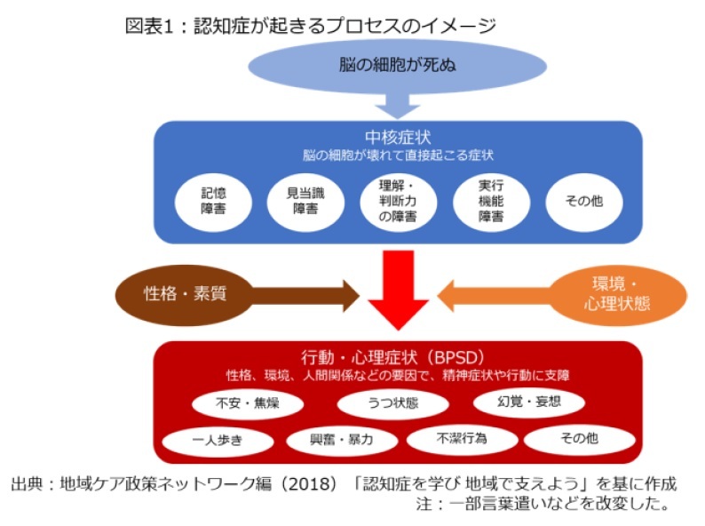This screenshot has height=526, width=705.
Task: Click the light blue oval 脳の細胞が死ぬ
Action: (x=398, y=66)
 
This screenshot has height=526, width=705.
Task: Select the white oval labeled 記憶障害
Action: (x=213, y=202)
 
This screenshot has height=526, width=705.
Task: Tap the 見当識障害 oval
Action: (x=305, y=202)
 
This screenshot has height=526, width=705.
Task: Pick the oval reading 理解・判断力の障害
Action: (x=399, y=202)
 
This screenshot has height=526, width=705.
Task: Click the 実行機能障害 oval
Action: (x=491, y=202)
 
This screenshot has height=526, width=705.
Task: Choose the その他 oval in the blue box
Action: (x=584, y=202)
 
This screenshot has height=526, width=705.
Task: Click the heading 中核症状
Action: (x=398, y=137)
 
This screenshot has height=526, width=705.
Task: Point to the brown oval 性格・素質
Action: (x=185, y=295)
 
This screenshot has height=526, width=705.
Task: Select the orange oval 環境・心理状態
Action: (x=617, y=295)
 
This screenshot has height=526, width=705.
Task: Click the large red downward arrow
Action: (x=398, y=291)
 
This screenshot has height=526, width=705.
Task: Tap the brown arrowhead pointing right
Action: (x=351, y=296)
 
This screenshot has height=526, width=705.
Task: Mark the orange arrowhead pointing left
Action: (x=446, y=296)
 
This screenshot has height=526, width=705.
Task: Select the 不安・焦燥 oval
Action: (x=248, y=403)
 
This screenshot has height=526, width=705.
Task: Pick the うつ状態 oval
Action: (x=393, y=403)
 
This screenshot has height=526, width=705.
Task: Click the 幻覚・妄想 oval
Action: (x=529, y=402)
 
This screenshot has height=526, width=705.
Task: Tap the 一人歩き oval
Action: (x=218, y=440)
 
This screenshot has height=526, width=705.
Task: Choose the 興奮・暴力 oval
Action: (x=342, y=440)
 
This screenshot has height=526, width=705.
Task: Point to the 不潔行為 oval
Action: (x=463, y=439)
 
